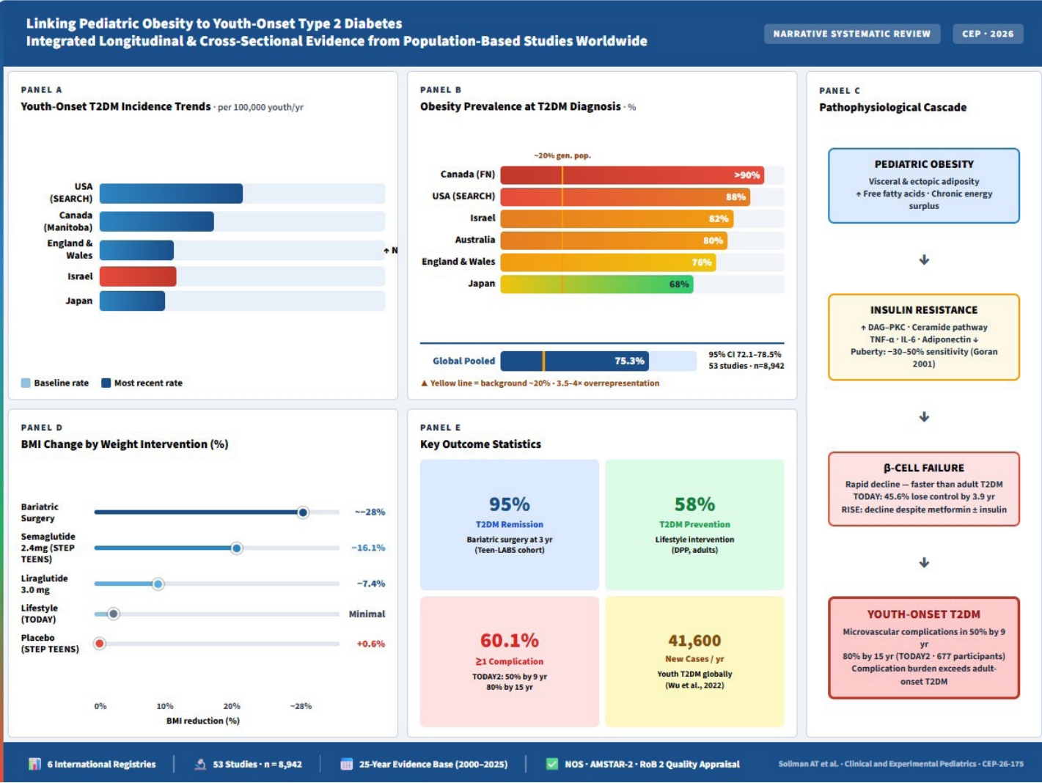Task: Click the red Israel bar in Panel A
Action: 138,276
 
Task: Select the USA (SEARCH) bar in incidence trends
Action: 171,193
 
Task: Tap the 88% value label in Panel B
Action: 735,197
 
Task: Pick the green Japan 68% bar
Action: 597,284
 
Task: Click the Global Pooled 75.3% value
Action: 629,361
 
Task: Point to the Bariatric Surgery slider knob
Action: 303,512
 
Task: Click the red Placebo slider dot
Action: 100,644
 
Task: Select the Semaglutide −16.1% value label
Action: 368,548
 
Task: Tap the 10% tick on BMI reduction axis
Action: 165,706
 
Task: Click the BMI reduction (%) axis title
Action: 202,721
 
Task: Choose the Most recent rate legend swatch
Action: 106,383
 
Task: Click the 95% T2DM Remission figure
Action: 510,504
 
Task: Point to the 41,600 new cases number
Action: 694,641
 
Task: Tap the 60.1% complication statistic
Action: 510,641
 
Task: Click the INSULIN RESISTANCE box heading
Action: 924,310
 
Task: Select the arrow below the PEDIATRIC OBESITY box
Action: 924,260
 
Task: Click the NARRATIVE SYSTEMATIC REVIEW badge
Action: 852,34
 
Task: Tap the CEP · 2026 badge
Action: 988,34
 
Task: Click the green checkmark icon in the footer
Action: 551,764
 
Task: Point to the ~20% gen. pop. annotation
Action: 562,155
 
